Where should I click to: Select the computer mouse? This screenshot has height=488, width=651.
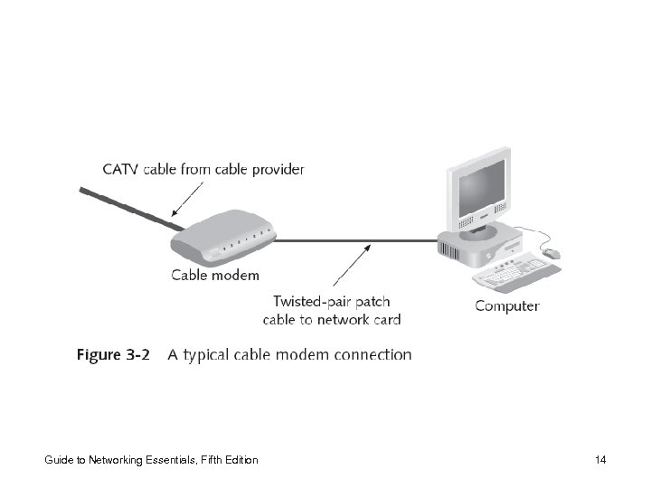tap(552, 254)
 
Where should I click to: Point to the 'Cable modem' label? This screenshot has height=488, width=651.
tap(215, 275)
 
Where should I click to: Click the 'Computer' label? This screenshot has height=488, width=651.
tap(507, 305)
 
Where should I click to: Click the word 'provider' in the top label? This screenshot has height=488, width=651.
tap(275, 169)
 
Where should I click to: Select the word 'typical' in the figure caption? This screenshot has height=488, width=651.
tap(212, 355)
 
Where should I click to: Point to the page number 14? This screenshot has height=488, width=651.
tap(600, 461)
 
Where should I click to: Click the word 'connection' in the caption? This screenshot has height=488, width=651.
tap(373, 355)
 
